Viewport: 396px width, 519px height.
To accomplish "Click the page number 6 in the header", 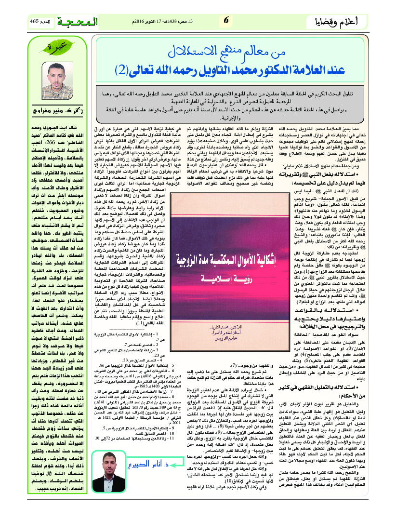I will pyautogui.click(x=226, y=21).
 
